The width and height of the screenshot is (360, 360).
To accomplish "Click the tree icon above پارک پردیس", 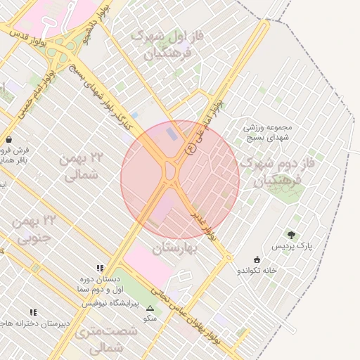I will (x=291, y=235).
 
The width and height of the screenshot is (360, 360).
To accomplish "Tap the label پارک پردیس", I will (x=293, y=247).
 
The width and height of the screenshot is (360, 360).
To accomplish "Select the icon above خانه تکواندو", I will (x=257, y=259).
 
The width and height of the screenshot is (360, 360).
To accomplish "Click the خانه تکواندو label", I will (x=257, y=270).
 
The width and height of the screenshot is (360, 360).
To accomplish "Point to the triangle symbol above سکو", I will (x=149, y=308).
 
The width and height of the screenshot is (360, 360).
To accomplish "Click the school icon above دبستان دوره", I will (x=100, y=268).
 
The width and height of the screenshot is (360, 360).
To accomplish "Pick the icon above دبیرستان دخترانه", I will (x=33, y=312).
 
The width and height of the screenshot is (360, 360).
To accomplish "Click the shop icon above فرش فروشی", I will (x=8, y=139).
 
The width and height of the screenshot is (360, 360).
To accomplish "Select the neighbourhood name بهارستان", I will (x=174, y=248).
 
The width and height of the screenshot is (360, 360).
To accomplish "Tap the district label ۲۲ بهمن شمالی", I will (x=83, y=166).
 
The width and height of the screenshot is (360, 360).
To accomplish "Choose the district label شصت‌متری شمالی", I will (x=98, y=339).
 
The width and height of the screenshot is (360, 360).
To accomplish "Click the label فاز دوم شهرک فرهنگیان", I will (x=271, y=171).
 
